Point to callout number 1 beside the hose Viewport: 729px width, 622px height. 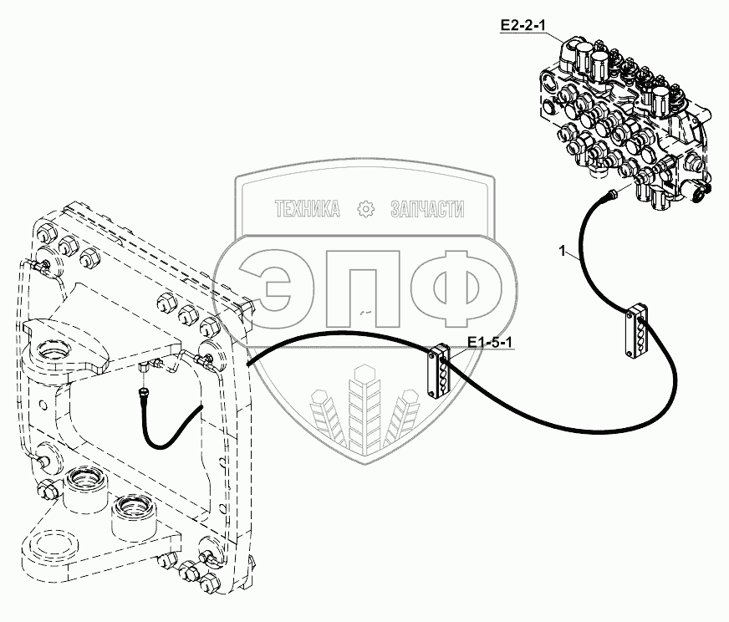click(563, 251)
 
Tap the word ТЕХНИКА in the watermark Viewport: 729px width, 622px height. click(308, 209)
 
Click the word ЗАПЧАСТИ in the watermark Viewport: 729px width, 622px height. click(427, 209)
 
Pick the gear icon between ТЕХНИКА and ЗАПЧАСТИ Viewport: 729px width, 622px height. click(364, 209)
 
